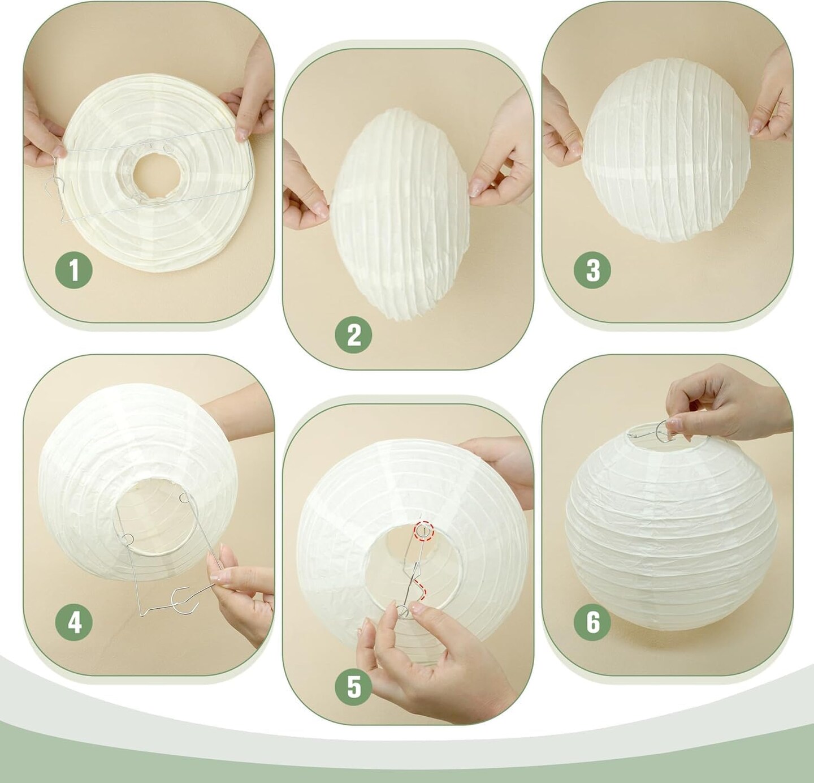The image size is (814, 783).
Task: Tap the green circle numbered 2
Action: pos(353,335)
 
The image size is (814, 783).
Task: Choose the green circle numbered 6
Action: pos(593,623)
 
